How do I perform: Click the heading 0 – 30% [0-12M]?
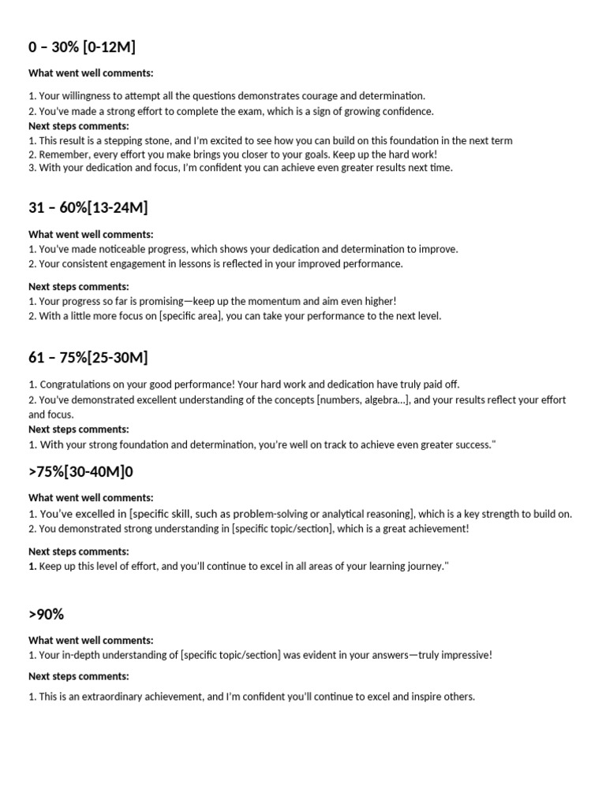[x=82, y=47]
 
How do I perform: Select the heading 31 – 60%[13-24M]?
[x=88, y=208]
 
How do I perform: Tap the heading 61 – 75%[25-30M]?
[x=88, y=358]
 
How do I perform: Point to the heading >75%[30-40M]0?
[x=87, y=472]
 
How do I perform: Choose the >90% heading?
[x=46, y=614]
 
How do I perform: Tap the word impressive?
[x=465, y=655]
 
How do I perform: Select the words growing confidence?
[x=391, y=111]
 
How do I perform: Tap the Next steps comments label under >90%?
[x=79, y=676]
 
